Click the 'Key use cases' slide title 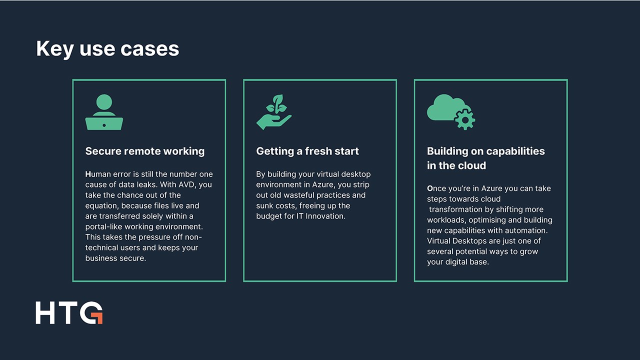click(107, 49)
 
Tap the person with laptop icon click(104, 112)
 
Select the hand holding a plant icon click(274, 112)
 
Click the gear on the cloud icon click(465, 119)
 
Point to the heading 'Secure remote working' click(145, 151)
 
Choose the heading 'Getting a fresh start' click(307, 151)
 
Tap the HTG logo click(69, 312)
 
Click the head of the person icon click(104, 102)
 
